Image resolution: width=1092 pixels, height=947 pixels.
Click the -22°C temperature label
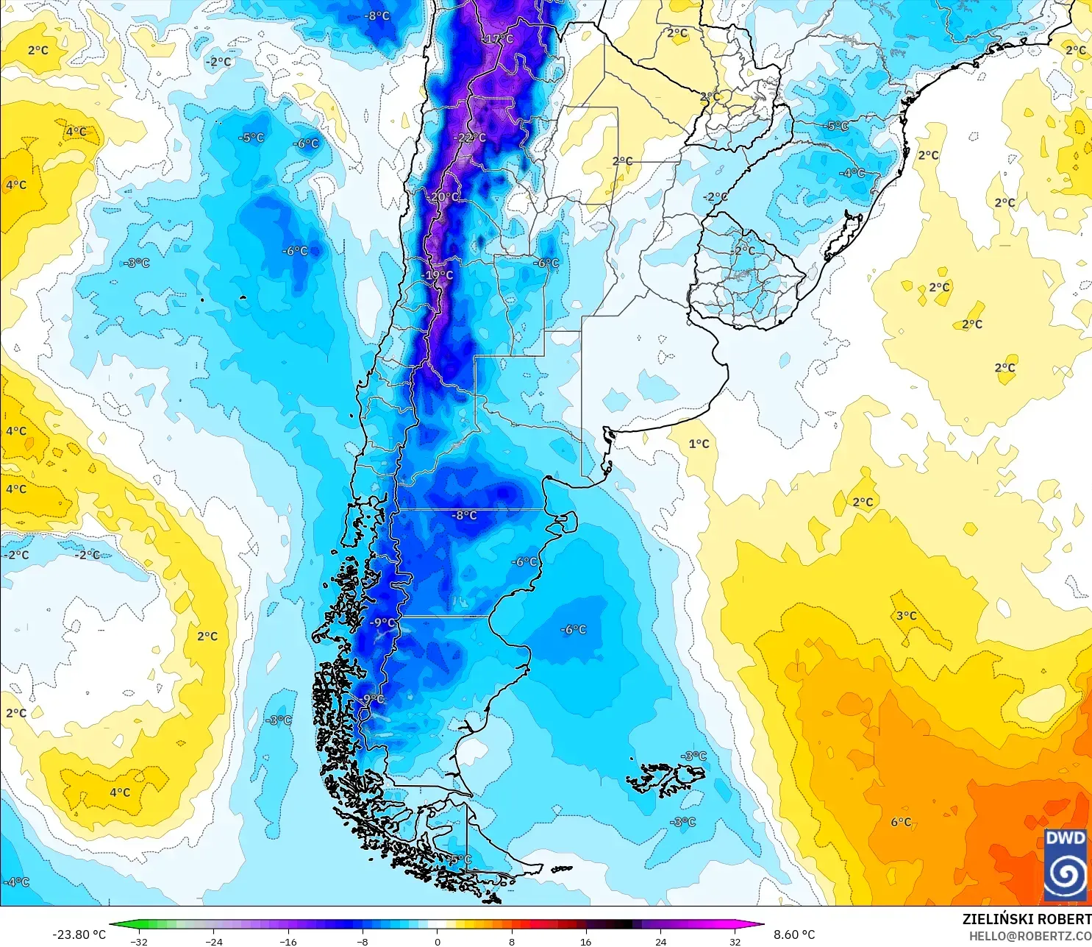pos(471,138)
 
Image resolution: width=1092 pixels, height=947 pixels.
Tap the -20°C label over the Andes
pos(443,197)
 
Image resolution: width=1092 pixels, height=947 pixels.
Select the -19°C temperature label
pos(438,275)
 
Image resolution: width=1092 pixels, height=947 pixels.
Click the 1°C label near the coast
pos(699,444)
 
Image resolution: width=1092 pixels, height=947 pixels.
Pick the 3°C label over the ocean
pos(906,616)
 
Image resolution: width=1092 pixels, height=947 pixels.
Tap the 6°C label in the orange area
pos(901,822)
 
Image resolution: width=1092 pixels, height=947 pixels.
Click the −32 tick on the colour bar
pos(139,941)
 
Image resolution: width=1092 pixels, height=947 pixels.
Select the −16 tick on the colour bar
pos(288,941)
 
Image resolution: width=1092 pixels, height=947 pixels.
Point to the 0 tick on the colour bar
pos(438,941)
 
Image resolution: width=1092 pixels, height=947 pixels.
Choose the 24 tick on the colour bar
pos(661,941)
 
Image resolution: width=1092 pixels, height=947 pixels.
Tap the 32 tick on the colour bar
pos(735,941)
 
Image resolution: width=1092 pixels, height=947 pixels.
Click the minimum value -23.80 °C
pos(79,934)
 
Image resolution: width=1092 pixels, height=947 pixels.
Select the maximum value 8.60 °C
pos(794,934)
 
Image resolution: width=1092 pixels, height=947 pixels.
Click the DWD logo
pos(1066,865)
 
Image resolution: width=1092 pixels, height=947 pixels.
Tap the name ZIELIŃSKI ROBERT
pos(1027,919)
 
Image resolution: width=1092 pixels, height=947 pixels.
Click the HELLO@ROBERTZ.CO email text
pos(1029,936)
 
